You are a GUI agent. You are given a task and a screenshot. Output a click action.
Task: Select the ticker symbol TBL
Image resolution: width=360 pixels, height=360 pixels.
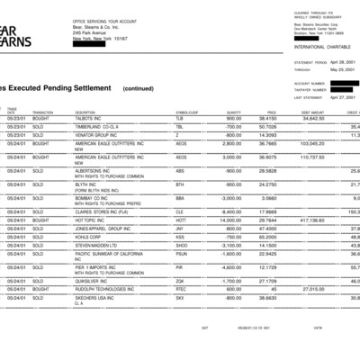(179, 126)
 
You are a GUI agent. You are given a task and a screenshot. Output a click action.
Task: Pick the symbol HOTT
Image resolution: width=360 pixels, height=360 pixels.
(181, 219)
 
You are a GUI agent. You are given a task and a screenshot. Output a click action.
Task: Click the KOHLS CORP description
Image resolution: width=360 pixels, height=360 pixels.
(91, 236)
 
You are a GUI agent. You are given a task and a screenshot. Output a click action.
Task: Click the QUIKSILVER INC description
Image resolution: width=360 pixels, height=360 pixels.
(94, 281)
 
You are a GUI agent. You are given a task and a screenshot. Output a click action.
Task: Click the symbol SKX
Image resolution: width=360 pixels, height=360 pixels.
(180, 298)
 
